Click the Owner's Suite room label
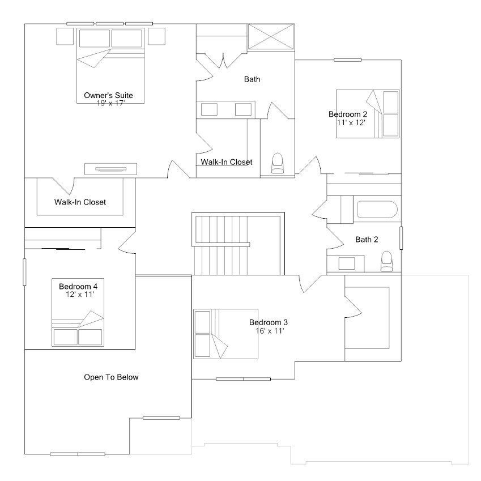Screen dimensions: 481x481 coord(108,95)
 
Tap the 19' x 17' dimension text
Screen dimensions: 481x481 coord(110,103)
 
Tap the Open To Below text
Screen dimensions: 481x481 coord(111,377)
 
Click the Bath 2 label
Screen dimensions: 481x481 coord(367,240)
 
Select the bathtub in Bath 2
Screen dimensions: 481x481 coord(376,211)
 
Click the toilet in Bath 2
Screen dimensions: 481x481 coord(387,261)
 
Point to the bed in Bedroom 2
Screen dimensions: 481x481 coord(368,113)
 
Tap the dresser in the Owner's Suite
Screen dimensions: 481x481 coord(111,168)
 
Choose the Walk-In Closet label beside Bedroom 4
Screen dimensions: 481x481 coord(80,202)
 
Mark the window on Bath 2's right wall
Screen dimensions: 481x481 coord(401,238)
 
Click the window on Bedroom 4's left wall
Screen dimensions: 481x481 coord(24,272)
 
